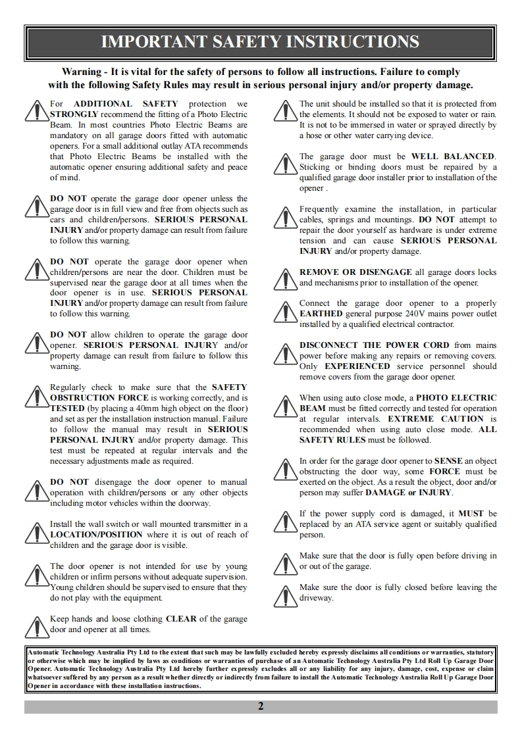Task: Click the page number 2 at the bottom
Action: click(x=261, y=706)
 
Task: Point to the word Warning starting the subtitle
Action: click(x=82, y=72)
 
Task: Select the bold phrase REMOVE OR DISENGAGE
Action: click(x=356, y=272)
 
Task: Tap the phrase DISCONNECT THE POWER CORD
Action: click(x=375, y=345)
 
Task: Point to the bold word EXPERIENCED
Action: click(x=357, y=366)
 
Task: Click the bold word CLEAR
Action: click(x=181, y=619)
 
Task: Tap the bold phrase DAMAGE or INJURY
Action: click(x=409, y=493)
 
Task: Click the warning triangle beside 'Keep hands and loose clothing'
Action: click(x=36, y=625)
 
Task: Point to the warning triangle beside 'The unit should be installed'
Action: click(x=286, y=111)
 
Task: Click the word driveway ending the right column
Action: click(x=317, y=598)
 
